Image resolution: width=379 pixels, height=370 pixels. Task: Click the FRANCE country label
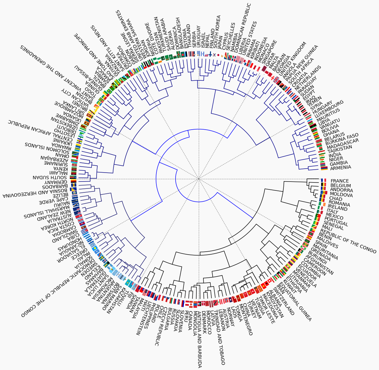pos(339,181)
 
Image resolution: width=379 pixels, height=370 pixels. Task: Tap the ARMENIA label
pos(340,168)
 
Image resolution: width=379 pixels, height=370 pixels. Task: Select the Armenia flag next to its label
pos(323,168)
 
